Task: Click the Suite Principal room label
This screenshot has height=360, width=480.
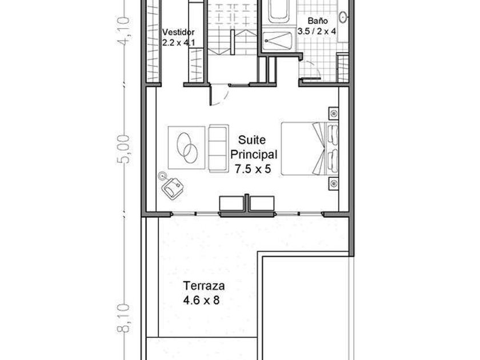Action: tap(254, 147)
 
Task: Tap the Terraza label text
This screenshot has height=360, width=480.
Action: tap(204, 286)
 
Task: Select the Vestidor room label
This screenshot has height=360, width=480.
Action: tap(178, 32)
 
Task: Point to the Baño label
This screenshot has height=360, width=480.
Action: tap(318, 21)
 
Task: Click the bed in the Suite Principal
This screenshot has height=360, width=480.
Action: tap(310, 149)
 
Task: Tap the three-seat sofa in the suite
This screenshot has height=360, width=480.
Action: tap(218, 149)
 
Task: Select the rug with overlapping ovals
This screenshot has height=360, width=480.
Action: tap(186, 148)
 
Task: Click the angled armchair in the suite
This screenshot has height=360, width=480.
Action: tap(173, 189)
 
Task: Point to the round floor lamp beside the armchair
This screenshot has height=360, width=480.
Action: tap(162, 176)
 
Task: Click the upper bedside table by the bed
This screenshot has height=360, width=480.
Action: tap(334, 114)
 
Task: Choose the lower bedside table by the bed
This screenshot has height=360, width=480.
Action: tap(334, 183)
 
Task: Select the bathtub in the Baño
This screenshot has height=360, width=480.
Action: tap(279, 11)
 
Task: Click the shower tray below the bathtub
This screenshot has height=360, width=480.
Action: tap(278, 41)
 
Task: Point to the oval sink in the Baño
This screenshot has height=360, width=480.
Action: tap(343, 17)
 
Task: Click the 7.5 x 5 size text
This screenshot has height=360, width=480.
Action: tap(253, 169)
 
